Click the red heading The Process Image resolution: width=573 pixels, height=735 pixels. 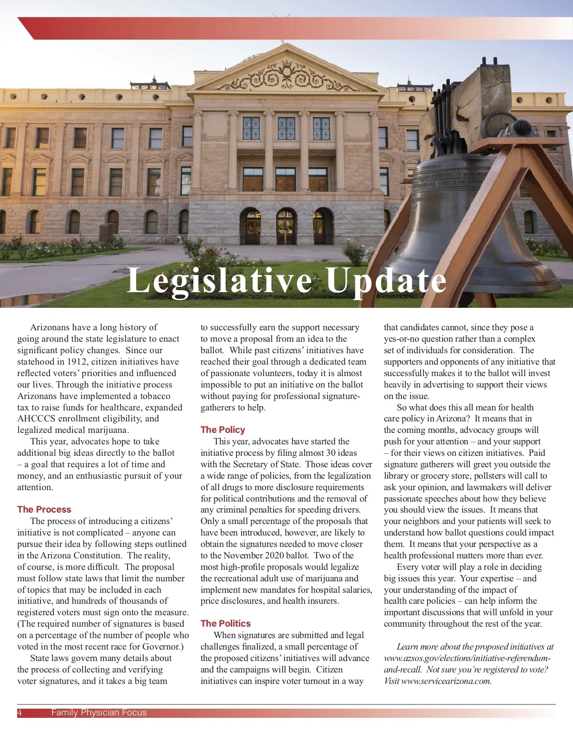coord(44,509)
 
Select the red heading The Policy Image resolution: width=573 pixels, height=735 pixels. coord(223,430)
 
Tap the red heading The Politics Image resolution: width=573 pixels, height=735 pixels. coord(225,623)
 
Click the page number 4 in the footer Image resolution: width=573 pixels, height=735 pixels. coord(20,713)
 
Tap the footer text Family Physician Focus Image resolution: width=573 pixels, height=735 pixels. coord(99,713)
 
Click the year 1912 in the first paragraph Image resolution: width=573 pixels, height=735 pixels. coord(77,362)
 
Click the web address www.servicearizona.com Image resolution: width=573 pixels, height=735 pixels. coord(446,681)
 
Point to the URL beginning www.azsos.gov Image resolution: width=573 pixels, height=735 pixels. coord(467,658)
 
